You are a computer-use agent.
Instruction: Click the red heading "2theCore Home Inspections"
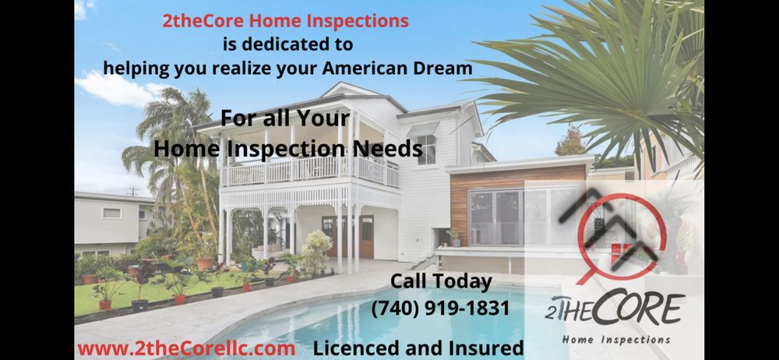[285, 21]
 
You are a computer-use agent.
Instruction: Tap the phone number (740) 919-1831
[440, 309]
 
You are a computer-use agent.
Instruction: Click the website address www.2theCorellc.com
[185, 348]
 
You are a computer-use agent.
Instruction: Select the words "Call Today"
[441, 281]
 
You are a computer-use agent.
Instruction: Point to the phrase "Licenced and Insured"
[418, 348]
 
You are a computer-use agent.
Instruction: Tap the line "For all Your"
[284, 120]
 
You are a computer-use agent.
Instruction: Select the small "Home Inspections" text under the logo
[615, 340]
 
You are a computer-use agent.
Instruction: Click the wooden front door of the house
[365, 235]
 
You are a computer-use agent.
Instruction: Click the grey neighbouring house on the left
[109, 222]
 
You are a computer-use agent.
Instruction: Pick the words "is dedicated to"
[287, 44]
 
